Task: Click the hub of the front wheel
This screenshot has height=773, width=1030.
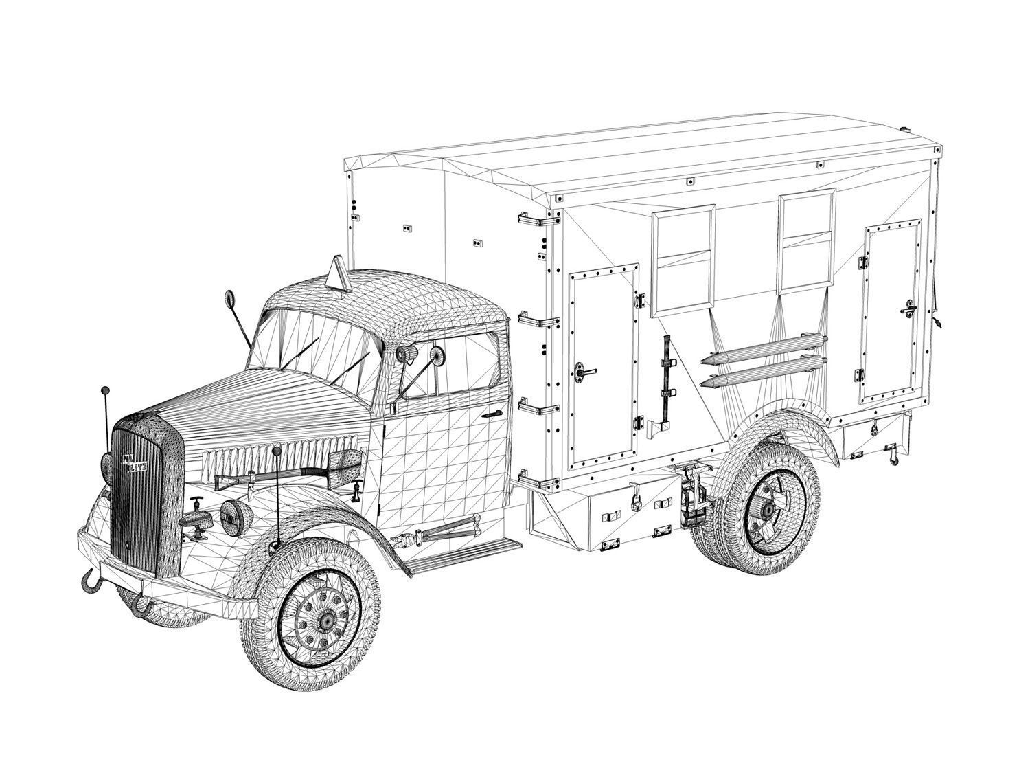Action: tap(327, 620)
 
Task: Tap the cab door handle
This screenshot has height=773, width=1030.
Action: tap(490, 415)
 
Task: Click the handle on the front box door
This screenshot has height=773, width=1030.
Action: tap(585, 372)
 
